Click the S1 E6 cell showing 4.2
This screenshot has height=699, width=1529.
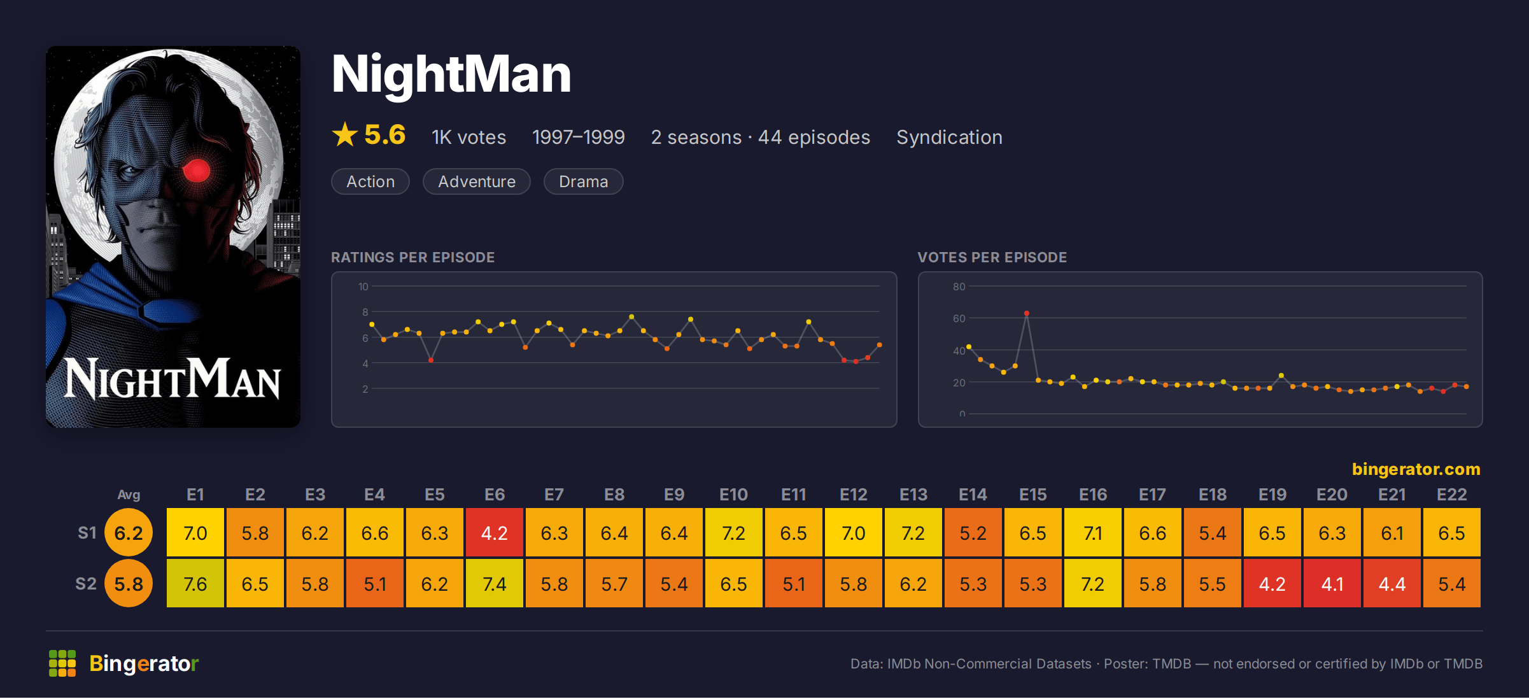495,532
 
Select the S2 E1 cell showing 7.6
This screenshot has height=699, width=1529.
195,583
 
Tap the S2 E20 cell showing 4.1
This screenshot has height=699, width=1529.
1332,583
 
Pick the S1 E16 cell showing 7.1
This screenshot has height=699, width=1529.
1093,532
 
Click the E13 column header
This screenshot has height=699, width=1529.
913,495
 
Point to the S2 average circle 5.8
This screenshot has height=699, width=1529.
129,583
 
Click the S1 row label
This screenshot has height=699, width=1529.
87,533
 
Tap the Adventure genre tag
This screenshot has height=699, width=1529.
477,181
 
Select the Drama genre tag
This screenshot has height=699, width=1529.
584,181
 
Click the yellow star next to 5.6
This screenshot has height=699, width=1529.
345,134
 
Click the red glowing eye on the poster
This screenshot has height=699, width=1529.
197,170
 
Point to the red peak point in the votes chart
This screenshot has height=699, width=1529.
1027,313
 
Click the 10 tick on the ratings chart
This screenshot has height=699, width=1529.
363,286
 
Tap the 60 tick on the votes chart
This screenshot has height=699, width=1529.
959,318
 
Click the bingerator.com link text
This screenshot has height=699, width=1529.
1416,469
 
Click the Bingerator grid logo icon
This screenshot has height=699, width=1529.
62,663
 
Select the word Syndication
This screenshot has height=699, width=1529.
950,138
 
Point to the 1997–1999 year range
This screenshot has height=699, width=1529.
579,138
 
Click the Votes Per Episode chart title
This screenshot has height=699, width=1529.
992,257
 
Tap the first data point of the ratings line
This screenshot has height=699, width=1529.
372,325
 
